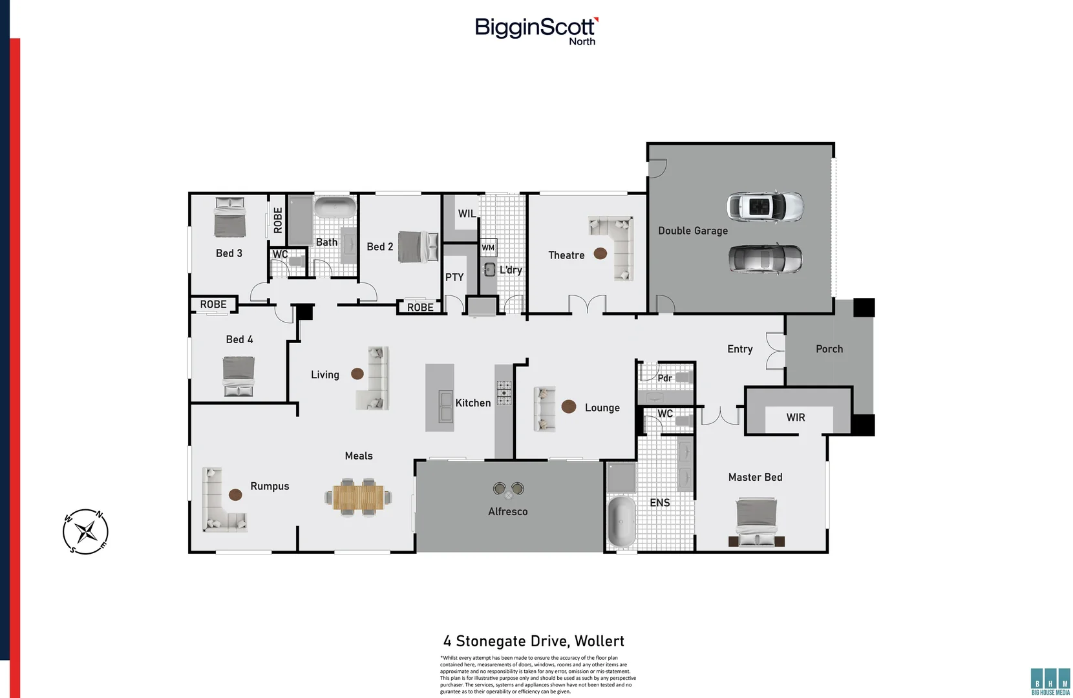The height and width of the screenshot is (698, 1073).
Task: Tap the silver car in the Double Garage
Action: tap(765, 259)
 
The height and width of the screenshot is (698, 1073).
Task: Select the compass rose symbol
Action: tap(85, 532)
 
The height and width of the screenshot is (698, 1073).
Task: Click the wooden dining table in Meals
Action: tap(358, 497)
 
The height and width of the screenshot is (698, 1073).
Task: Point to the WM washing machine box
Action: tap(488, 248)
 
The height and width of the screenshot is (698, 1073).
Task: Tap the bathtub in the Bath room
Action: tap(335, 207)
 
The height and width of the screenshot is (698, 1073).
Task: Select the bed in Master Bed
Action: tap(756, 522)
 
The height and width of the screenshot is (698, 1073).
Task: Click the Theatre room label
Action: tap(566, 255)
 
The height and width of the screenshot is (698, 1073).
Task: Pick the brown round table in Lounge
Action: tap(569, 407)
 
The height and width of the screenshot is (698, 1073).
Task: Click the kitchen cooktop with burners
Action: tap(504, 393)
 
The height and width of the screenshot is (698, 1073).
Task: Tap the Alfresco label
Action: tap(508, 511)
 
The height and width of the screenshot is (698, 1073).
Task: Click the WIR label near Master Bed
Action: tap(796, 418)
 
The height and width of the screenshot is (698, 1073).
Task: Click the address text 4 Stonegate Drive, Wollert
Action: tap(534, 641)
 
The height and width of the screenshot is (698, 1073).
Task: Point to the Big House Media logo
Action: tap(1050, 682)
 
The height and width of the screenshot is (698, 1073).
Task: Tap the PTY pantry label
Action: tap(454, 277)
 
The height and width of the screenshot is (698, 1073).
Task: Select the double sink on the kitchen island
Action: tap(446, 407)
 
